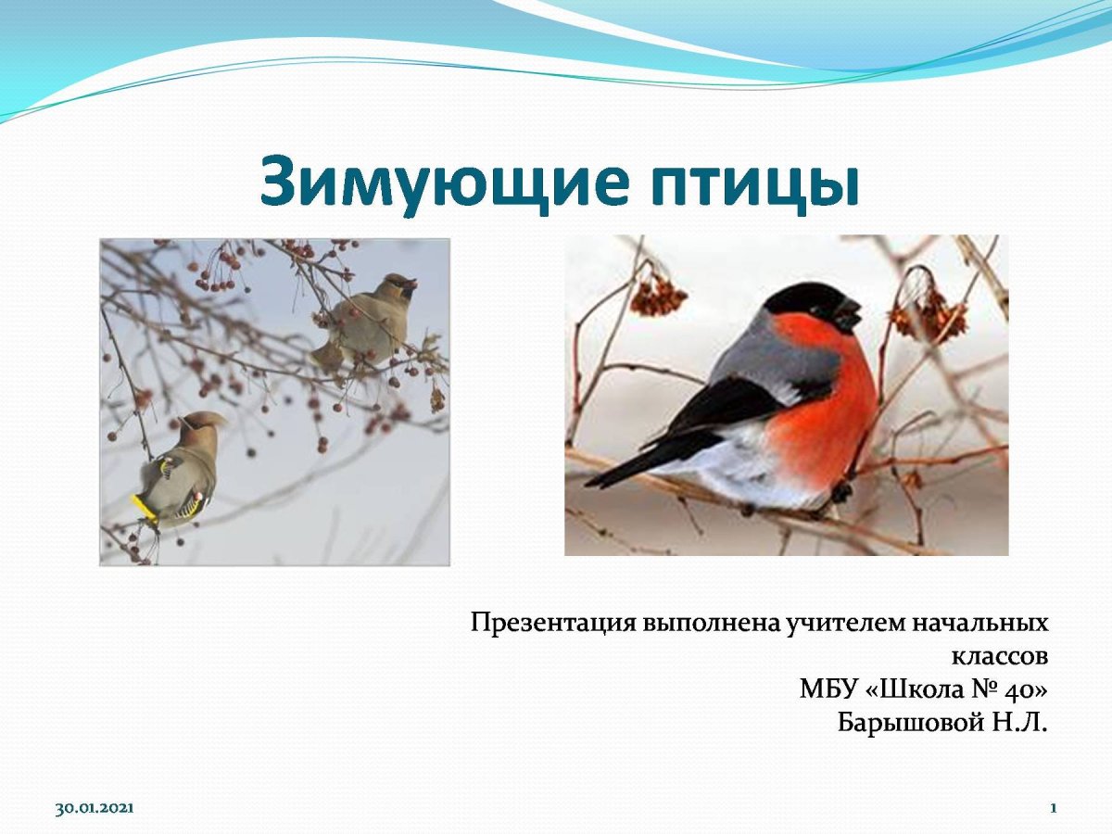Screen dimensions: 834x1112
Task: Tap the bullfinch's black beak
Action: point(848,316)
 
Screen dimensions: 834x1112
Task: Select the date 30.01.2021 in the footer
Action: point(95,809)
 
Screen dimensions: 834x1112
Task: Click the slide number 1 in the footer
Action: point(1054,809)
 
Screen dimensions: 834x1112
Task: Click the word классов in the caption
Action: point(1000,656)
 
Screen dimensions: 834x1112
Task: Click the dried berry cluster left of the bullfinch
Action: point(659,296)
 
